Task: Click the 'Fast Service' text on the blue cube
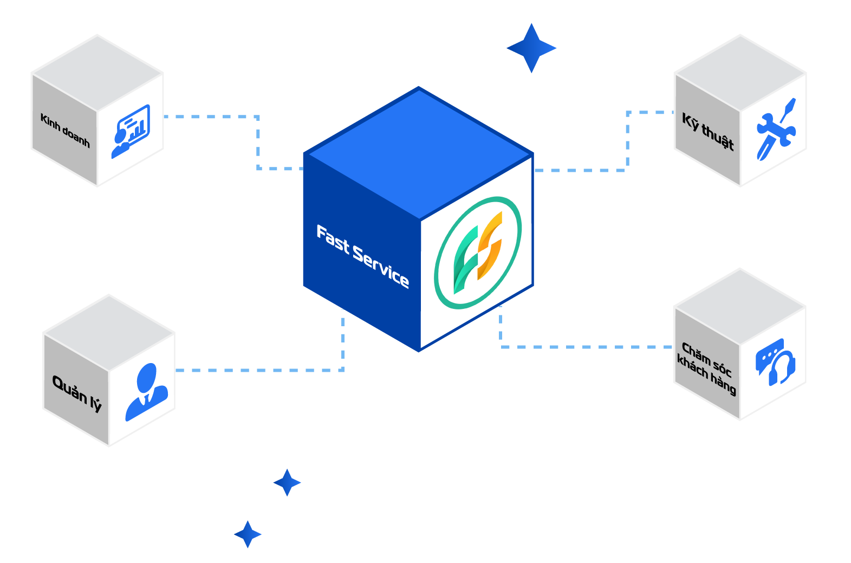tap(362, 256)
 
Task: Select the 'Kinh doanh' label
tap(65, 130)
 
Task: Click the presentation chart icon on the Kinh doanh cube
tap(130, 131)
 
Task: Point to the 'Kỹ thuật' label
tap(707, 131)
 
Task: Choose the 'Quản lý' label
tap(77, 392)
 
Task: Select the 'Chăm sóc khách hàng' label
tap(706, 368)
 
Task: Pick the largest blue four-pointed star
tap(531, 48)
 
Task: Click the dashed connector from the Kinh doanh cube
tap(258, 142)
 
